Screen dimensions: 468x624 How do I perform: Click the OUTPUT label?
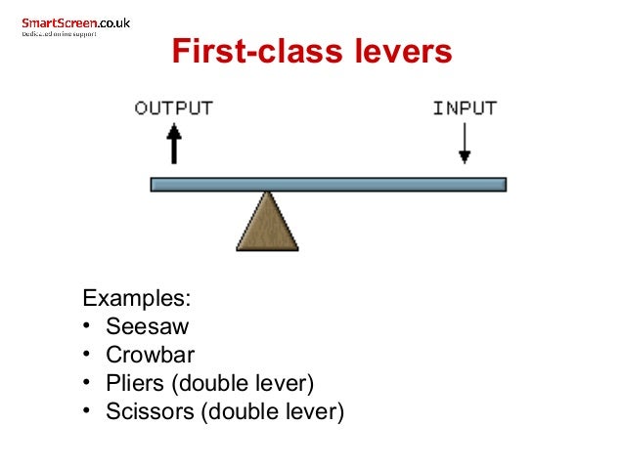tap(173, 107)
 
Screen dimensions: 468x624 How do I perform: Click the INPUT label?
tap(465, 107)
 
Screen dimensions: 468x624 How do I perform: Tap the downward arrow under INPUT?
tap(465, 143)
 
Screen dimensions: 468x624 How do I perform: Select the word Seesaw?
tap(147, 326)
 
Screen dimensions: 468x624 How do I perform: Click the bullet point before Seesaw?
tap(87, 326)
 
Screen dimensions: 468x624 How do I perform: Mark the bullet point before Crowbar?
tap(87, 355)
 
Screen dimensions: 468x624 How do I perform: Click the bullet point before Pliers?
tap(87, 383)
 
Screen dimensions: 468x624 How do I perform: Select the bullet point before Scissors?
tap(87, 411)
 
